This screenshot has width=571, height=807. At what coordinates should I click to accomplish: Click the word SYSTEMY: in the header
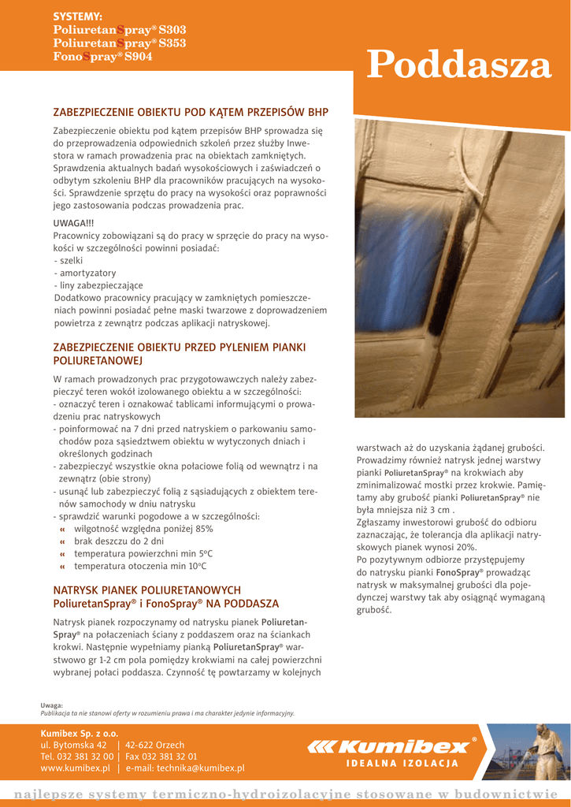pos(77,17)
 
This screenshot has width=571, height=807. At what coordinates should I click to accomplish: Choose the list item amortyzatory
pos(85,273)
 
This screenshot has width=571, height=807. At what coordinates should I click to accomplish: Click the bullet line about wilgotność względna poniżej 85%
pos(143,529)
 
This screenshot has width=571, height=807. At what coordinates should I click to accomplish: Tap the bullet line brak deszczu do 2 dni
pos(118,541)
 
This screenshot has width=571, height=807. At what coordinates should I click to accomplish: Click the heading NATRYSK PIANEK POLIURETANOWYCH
pos(146,590)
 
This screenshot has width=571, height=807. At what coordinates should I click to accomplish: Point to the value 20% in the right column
pos(465,546)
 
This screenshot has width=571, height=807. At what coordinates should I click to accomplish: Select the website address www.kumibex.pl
pos(75,768)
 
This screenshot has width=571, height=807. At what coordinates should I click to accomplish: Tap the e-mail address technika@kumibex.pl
pos(200,768)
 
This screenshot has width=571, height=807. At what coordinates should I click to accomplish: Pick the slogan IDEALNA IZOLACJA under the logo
pos(402,764)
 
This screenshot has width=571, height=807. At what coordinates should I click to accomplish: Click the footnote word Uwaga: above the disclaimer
pos(52,705)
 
